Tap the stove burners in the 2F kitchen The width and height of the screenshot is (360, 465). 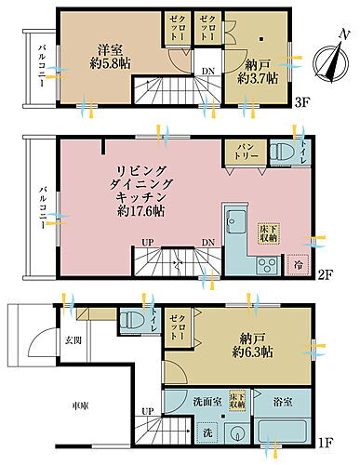(x=263, y=265)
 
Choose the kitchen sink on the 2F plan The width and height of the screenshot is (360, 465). (x=234, y=223)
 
